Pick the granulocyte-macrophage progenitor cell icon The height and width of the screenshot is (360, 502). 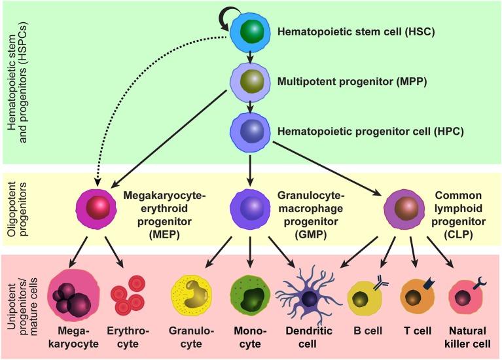(x=249, y=207)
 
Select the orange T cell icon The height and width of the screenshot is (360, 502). (x=417, y=297)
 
